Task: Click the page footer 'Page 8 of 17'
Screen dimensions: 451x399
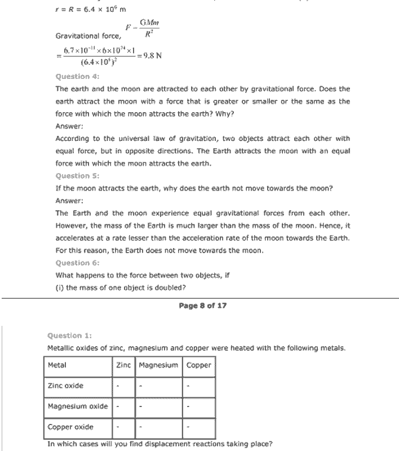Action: [x=202, y=306]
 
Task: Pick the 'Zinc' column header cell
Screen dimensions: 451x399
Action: [x=123, y=365]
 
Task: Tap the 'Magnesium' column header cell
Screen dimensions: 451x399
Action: [x=158, y=365]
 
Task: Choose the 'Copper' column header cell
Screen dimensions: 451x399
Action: [x=198, y=365]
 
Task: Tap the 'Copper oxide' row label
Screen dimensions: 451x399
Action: [x=70, y=427]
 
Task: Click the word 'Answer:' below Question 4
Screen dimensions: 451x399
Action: [x=70, y=126]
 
